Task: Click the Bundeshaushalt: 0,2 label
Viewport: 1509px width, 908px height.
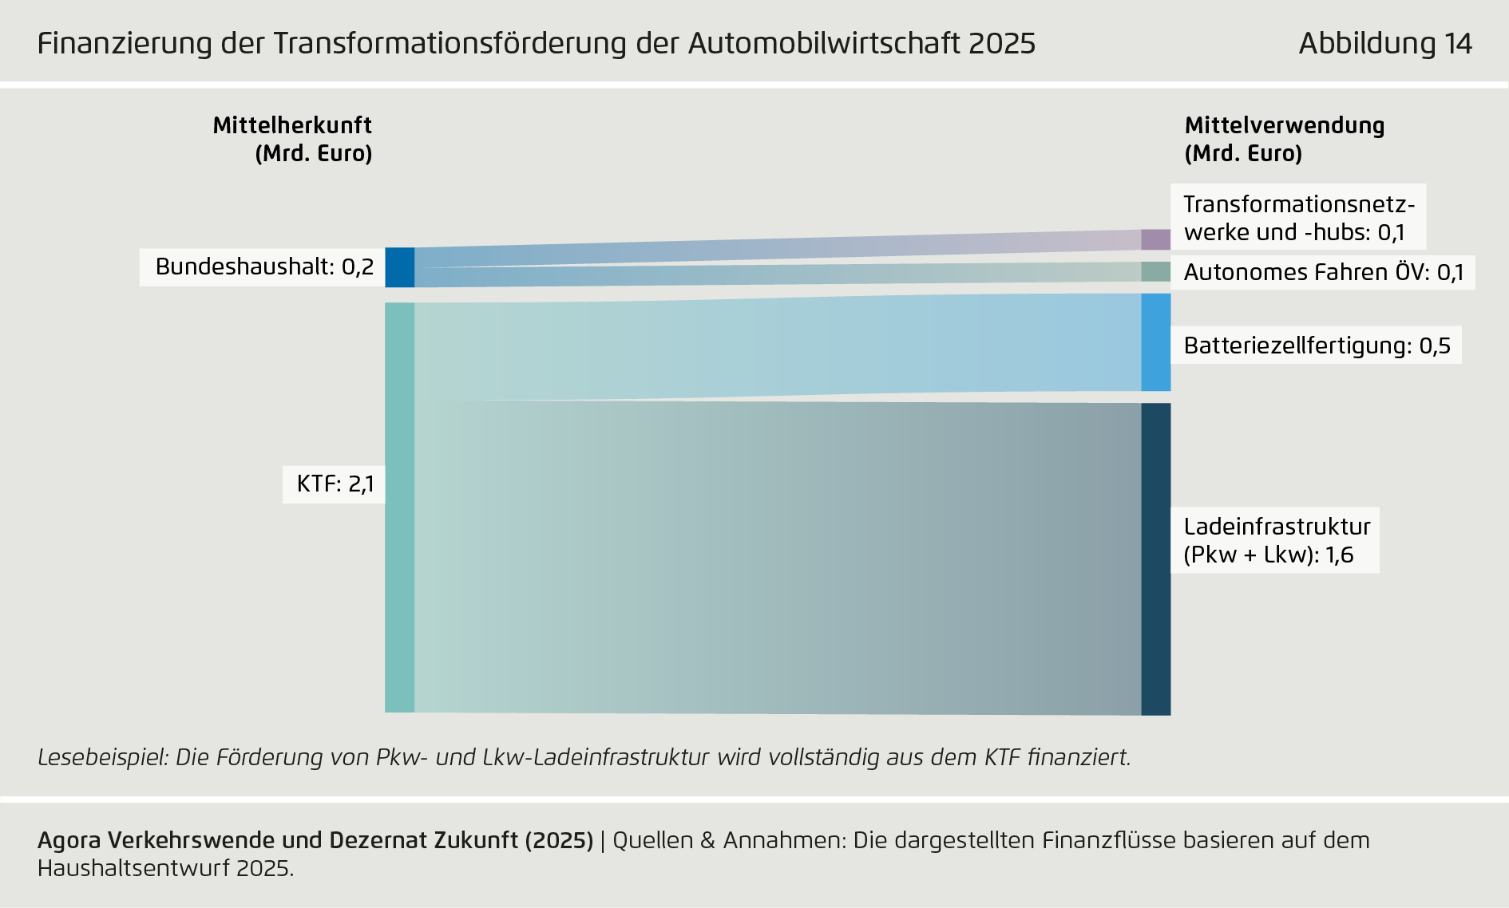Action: (x=264, y=266)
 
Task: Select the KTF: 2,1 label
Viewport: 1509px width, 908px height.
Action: (x=335, y=484)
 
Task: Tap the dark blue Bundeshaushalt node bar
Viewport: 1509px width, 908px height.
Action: (x=400, y=267)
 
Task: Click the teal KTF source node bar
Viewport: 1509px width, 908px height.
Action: (x=400, y=507)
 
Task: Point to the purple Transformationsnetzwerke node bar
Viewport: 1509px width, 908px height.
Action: (x=1155, y=239)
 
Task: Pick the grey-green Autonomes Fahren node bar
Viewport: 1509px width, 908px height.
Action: (x=1155, y=272)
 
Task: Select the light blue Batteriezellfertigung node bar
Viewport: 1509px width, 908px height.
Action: (x=1155, y=342)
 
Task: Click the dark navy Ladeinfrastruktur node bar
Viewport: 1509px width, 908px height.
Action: (x=1155, y=559)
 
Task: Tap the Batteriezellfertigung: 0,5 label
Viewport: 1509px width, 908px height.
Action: (x=1317, y=345)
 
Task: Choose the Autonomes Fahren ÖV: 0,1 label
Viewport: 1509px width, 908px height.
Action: (x=1323, y=273)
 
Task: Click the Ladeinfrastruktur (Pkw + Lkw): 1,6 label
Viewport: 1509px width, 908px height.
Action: (x=1276, y=540)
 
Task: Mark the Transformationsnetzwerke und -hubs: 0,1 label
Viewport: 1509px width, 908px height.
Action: (x=1297, y=218)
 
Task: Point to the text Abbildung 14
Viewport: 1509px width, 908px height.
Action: (x=1385, y=43)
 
